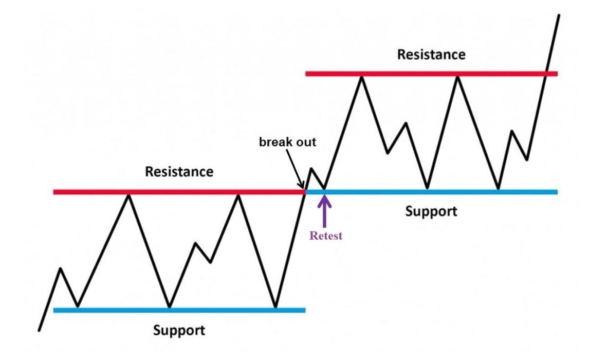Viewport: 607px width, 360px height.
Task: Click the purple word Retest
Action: pos(325,236)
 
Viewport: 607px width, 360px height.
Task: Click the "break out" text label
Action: pos(287,141)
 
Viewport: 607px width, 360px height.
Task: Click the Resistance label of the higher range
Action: pos(431,55)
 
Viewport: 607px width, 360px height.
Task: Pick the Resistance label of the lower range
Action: pos(179,171)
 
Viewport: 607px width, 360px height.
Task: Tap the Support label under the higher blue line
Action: pos(431,211)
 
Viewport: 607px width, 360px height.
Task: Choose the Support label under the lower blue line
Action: pos(179,330)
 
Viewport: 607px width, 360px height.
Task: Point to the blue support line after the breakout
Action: pos(463,192)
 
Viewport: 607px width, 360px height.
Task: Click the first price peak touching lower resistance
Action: pos(129,194)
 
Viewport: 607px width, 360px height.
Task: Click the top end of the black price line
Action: pos(558,16)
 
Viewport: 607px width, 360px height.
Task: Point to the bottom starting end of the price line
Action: pos(39,330)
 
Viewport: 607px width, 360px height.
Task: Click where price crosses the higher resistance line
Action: pos(547,74)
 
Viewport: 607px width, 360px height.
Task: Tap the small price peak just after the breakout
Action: pos(311,169)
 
